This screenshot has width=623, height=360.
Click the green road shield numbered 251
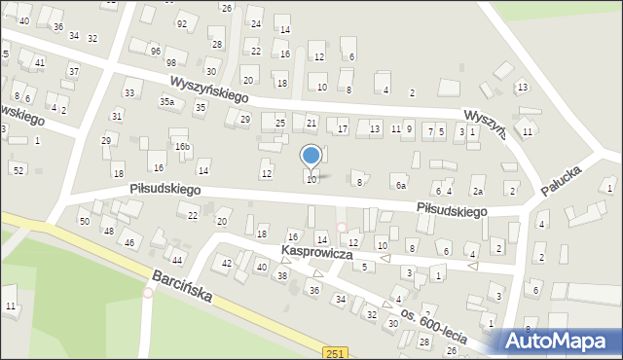point(336,352)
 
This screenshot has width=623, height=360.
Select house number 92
point(182,23)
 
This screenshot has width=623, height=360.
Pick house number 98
point(171,62)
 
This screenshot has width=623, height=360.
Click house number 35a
point(167,101)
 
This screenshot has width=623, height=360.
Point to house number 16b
point(182,146)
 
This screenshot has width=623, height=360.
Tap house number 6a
point(400,185)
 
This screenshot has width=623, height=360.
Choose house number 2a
point(478,192)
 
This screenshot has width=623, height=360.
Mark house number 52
point(18,170)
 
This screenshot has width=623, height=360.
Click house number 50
point(85,222)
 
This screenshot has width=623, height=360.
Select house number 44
point(177,261)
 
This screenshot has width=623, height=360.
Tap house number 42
point(226,263)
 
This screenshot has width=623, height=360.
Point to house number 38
point(282,276)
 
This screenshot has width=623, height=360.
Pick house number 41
point(39,62)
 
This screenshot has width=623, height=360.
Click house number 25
point(280,123)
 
